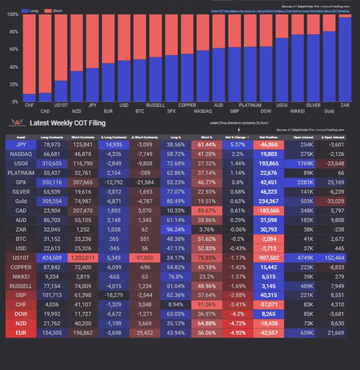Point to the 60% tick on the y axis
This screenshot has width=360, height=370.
click(13, 50)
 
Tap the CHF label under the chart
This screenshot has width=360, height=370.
click(29, 105)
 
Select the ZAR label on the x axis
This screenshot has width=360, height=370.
click(345, 105)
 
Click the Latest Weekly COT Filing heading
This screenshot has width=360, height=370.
click(68, 123)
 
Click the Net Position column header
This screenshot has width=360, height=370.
click(268, 137)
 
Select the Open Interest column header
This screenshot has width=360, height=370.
click(303, 137)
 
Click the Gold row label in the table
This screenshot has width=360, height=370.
click(21, 201)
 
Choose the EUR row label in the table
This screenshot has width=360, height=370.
click(21, 333)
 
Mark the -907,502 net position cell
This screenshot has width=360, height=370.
click(269, 258)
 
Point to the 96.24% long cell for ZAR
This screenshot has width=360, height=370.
click(176, 229)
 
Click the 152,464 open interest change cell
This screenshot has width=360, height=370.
click(334, 258)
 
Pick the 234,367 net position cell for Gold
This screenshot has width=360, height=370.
click(269, 201)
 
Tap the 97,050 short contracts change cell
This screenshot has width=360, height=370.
click(145, 258)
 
